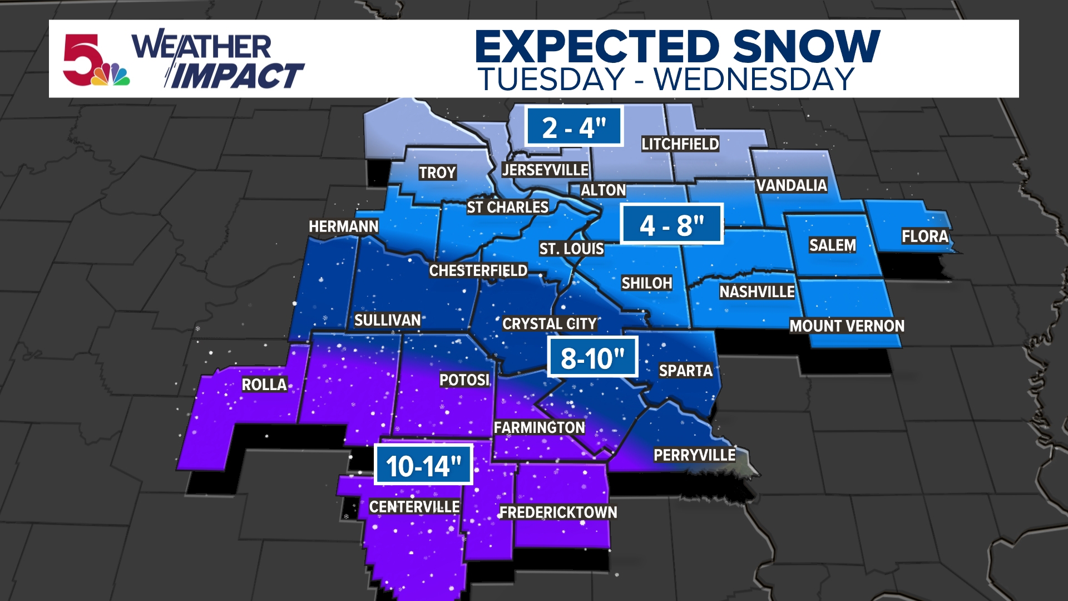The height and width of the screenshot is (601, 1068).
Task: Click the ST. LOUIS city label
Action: [571, 249]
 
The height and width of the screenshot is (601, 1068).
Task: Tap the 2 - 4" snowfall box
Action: [573, 127]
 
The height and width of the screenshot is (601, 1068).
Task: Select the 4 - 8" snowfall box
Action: [671, 225]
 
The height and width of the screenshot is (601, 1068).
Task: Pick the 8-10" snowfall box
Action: [592, 358]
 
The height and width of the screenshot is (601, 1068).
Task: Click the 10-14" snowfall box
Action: [423, 465]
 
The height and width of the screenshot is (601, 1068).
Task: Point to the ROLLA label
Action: [264, 385]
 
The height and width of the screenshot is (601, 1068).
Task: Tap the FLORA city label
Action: [924, 237]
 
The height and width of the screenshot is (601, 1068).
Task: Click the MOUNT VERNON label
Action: [847, 326]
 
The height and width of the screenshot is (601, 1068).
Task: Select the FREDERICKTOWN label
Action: [558, 513]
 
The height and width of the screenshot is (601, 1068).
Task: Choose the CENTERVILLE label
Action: [414, 507]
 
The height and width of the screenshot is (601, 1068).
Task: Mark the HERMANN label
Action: [343, 226]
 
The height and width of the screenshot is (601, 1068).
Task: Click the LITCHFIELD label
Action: [680, 144]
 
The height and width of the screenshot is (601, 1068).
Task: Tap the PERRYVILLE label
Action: [694, 455]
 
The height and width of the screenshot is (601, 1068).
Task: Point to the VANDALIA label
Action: [791, 185]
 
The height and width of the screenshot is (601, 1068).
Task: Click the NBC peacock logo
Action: [112, 75]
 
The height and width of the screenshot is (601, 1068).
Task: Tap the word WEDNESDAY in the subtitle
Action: [754, 79]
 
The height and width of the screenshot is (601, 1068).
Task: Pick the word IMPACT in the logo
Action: [236, 76]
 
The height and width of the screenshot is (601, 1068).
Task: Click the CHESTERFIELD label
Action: [478, 271]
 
